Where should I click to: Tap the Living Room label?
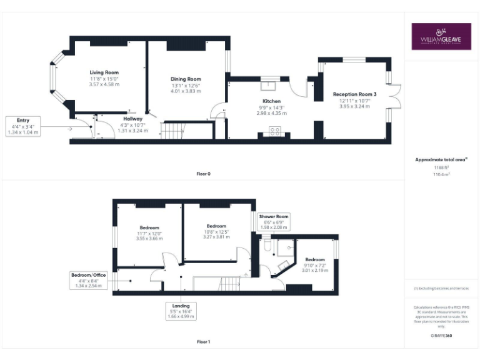point(104,72)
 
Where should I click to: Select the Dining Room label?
point(186,79)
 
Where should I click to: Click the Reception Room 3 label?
point(354,94)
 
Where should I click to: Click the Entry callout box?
point(23,127)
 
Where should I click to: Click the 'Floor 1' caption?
point(203,342)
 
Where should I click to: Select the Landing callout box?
point(181,311)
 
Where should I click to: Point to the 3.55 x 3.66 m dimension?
point(149,238)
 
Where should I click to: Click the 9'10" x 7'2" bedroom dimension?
point(315,265)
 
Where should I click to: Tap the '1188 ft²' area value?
point(441,167)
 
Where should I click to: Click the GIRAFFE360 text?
point(441,336)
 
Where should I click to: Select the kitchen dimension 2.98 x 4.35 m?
point(271,113)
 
